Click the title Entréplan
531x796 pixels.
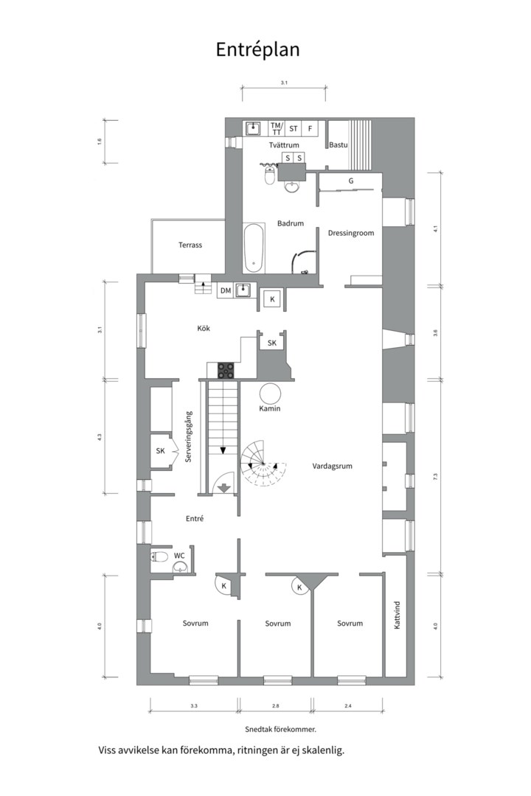(x=257, y=49)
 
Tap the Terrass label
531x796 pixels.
(x=190, y=245)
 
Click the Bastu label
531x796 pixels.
(x=338, y=145)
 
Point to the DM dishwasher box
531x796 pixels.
(x=226, y=291)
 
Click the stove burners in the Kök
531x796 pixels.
(x=226, y=369)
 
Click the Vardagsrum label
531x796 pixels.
(x=333, y=466)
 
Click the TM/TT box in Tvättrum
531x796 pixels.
(x=276, y=128)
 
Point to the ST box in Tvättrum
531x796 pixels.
(x=293, y=128)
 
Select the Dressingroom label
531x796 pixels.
(x=351, y=233)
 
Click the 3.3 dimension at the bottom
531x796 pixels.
(x=194, y=706)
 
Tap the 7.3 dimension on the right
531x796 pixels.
(x=436, y=477)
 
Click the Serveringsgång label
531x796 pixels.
(x=189, y=436)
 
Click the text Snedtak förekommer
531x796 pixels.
(x=280, y=729)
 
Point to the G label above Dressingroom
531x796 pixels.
(x=351, y=181)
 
